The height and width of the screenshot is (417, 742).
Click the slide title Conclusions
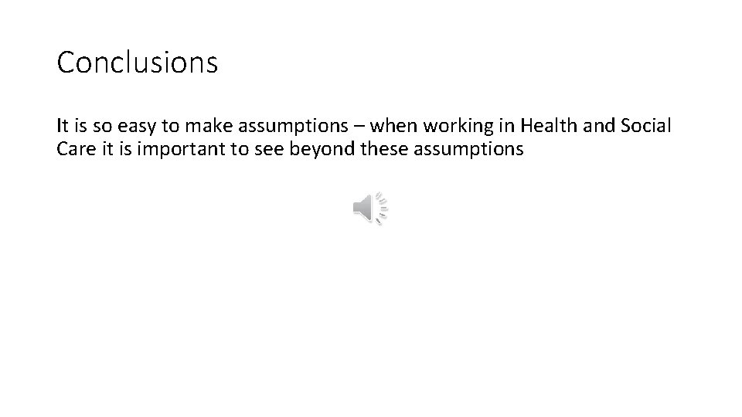coord(138,63)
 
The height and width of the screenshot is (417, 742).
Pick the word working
coord(454,125)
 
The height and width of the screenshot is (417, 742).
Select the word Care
coord(74,149)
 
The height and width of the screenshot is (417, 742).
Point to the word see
coord(271,149)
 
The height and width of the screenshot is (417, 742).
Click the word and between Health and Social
coord(594,124)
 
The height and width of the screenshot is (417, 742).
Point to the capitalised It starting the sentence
coord(63,124)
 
